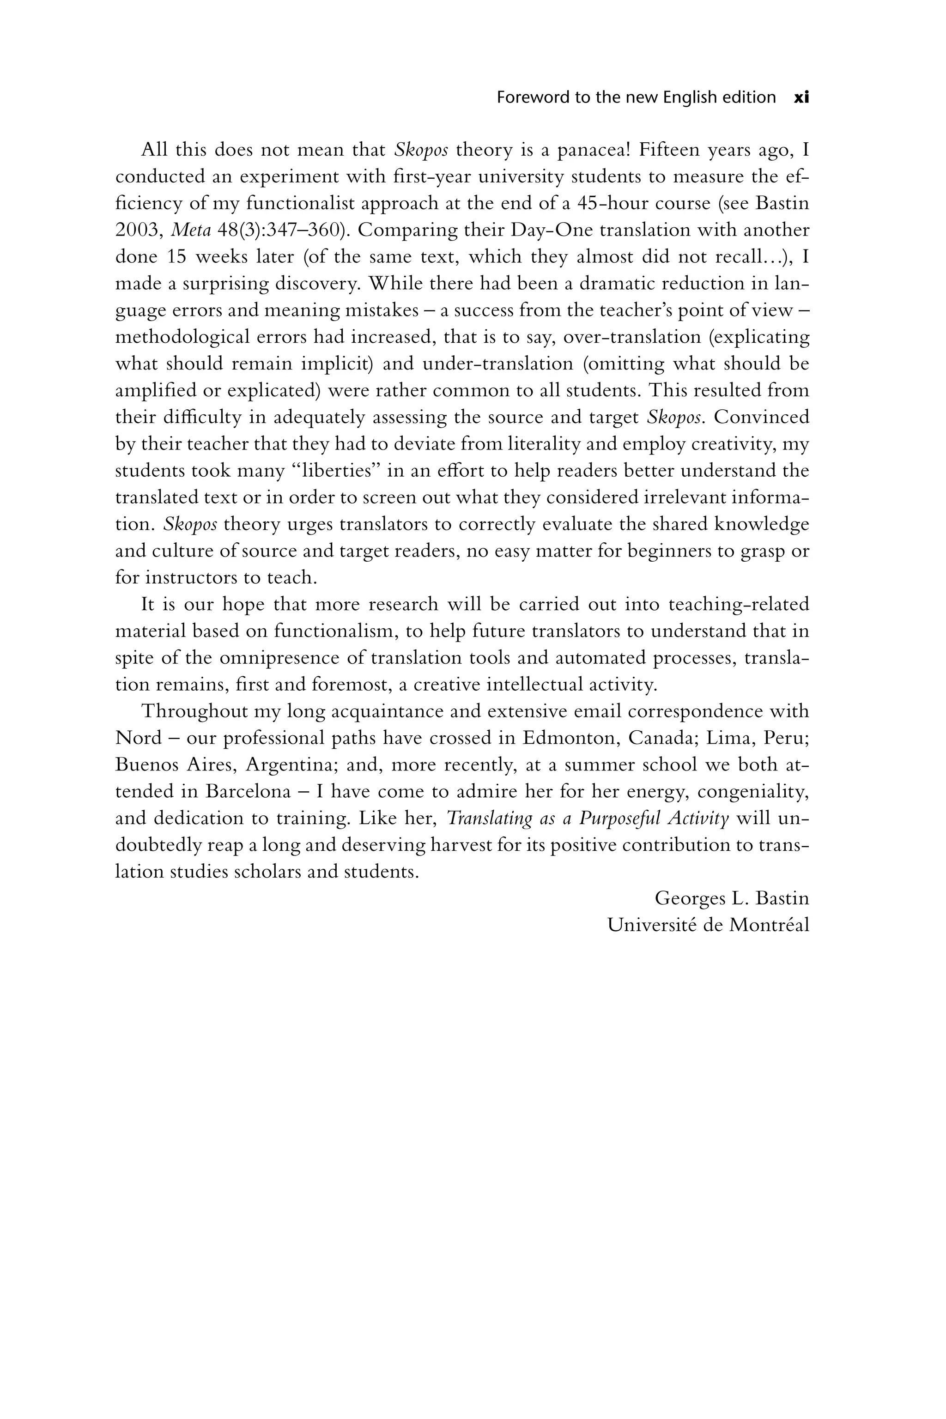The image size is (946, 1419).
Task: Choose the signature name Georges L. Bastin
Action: pyautogui.click(x=731, y=898)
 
